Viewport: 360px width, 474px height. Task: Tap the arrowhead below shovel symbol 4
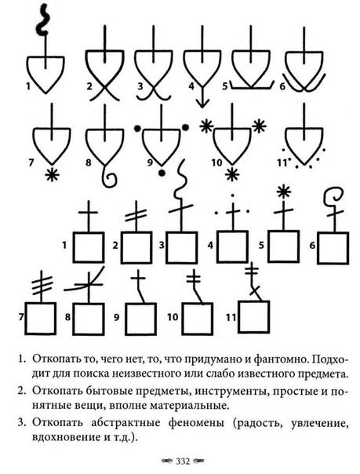202,104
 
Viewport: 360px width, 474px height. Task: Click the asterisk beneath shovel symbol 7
52,175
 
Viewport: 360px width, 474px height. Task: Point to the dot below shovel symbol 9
162,173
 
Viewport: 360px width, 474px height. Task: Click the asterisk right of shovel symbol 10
259,126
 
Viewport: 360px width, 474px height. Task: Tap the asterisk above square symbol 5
284,191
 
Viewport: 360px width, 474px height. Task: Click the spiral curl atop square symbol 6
334,199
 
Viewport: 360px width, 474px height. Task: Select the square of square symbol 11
253,317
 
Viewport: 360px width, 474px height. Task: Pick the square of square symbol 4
233,246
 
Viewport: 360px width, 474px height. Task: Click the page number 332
183,461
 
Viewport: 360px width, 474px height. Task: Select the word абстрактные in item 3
126,423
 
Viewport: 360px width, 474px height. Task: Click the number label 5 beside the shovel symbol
225,86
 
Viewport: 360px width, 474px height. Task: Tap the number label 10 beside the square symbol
173,317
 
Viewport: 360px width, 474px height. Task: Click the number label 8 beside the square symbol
68,317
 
